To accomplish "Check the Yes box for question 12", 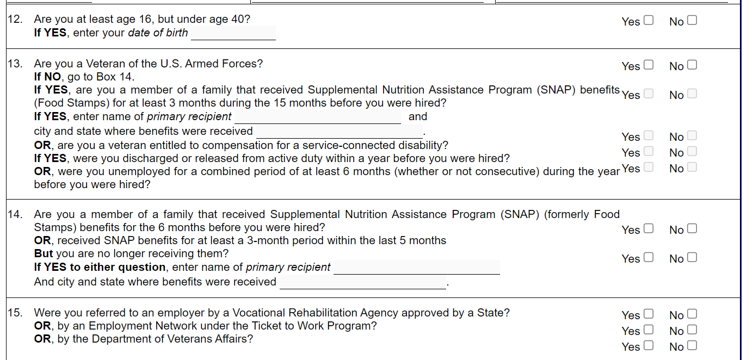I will (648, 21).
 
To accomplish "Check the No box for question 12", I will (692, 21).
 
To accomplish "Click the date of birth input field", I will (233, 33).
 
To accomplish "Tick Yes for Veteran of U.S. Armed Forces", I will (648, 65).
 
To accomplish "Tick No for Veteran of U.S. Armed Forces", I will (692, 65).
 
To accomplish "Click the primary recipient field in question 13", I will (317, 117).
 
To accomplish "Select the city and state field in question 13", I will (340, 131).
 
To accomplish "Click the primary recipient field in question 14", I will (416, 268).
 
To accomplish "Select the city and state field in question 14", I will (362, 282).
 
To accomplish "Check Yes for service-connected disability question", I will (648, 136).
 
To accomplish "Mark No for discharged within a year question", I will (692, 152).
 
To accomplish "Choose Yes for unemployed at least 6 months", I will (648, 167).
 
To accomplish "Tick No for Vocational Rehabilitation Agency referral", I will (692, 314).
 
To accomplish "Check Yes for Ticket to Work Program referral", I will (648, 330).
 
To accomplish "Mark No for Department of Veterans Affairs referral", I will (692, 346).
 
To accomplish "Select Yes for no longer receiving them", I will (648, 258).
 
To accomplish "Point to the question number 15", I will (15, 313).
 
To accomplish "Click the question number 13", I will (15, 64).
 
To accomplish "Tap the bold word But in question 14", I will (44, 254).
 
